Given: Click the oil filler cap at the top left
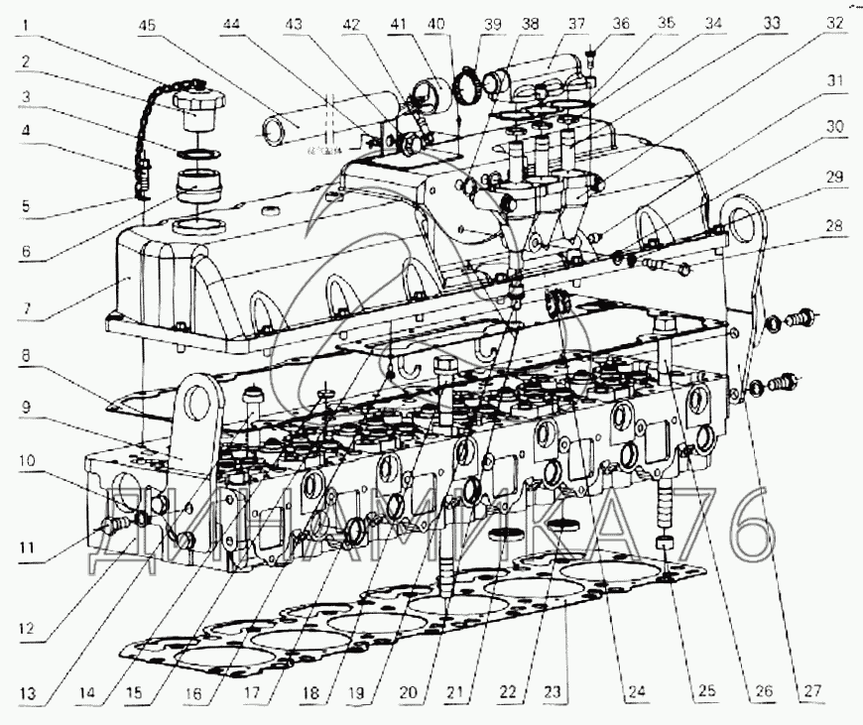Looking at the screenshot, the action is pos(198,99).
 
